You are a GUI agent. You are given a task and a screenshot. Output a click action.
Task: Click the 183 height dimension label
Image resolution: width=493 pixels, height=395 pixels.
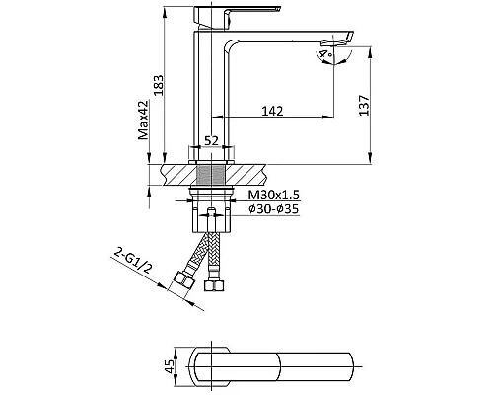pos(159,85)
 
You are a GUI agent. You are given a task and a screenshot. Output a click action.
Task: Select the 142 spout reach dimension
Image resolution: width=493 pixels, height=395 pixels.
pos(272,111)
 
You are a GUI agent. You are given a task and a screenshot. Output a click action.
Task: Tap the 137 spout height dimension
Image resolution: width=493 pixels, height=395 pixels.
pos(364,105)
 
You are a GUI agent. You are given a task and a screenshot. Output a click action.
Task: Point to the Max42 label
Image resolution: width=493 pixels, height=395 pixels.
pos(143,119)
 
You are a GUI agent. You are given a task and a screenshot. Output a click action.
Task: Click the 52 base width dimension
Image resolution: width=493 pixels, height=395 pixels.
pos(211,141)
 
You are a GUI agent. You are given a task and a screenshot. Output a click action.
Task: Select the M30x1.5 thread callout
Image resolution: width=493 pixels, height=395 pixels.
pos(274,195)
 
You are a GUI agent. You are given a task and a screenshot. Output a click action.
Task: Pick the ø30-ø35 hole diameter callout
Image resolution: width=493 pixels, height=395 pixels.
pos(274,208)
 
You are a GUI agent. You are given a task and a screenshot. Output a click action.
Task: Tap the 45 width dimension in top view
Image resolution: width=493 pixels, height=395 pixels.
pos(170,366)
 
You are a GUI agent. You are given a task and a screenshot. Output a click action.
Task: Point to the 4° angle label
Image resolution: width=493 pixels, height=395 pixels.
pos(326,53)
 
